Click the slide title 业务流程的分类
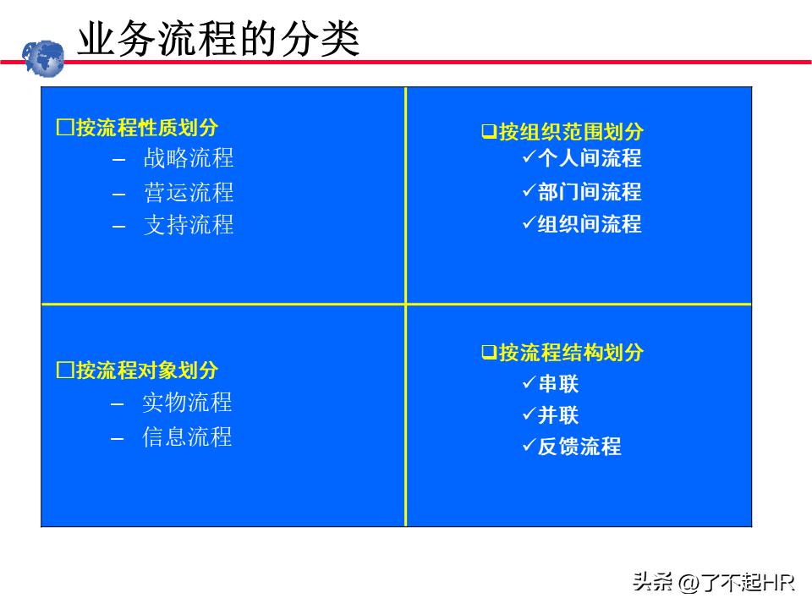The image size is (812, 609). pos(218,40)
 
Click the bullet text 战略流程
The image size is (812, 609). pos(188,158)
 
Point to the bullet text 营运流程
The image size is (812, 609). pos(188,193)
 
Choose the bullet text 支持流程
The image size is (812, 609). pos(188,225)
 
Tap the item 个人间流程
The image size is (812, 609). pos(590,158)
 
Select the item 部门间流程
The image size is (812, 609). pos(590,192)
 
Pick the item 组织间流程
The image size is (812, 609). pos(590,224)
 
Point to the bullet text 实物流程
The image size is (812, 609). pos(187,403)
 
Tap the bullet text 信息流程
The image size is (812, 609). pos(187,437)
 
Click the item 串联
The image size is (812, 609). pos(558,384)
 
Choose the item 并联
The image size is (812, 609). pos(558,415)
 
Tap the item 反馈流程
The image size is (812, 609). pos(579,447)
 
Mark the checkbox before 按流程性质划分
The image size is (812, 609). pos(64,128)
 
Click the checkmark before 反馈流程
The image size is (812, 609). pos(529,445)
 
